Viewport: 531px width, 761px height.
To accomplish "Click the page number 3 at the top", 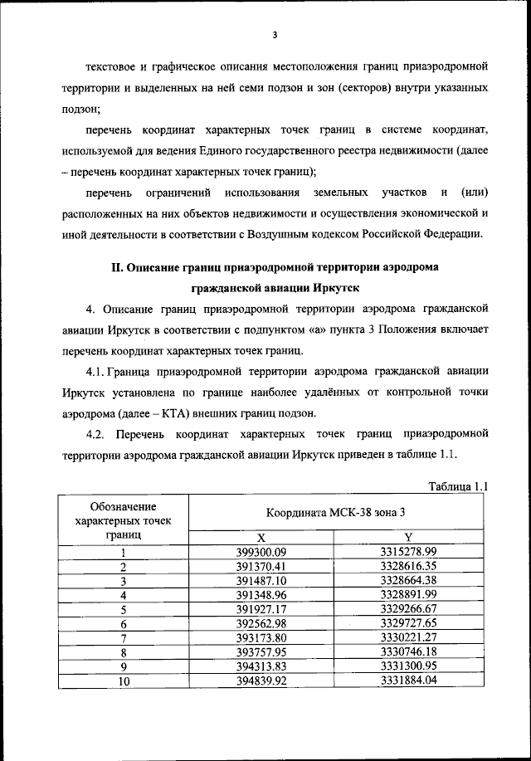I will pyautogui.click(x=274, y=35).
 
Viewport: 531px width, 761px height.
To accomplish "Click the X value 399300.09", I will pyautogui.click(x=261, y=553).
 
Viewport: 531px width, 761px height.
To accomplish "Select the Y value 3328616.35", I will pyautogui.click(x=408, y=567).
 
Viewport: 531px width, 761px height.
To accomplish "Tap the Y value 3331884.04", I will pyautogui.click(x=408, y=681).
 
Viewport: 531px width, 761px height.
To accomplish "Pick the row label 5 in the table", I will pyautogui.click(x=123, y=609).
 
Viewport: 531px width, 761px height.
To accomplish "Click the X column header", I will pyautogui.click(x=261, y=537).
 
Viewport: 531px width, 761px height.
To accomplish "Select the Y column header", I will pyautogui.click(x=408, y=537).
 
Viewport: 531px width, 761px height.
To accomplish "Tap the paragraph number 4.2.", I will pyautogui.click(x=97, y=433).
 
